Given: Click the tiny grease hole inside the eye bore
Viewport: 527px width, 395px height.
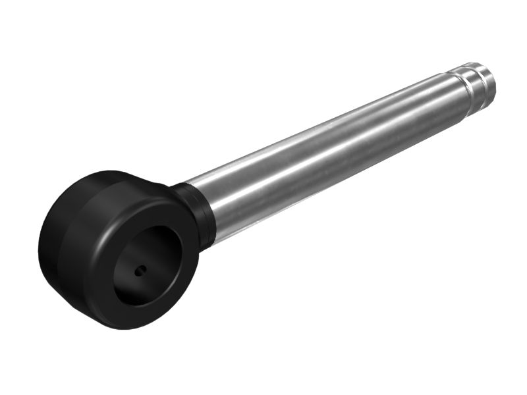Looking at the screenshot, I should [140, 270].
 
